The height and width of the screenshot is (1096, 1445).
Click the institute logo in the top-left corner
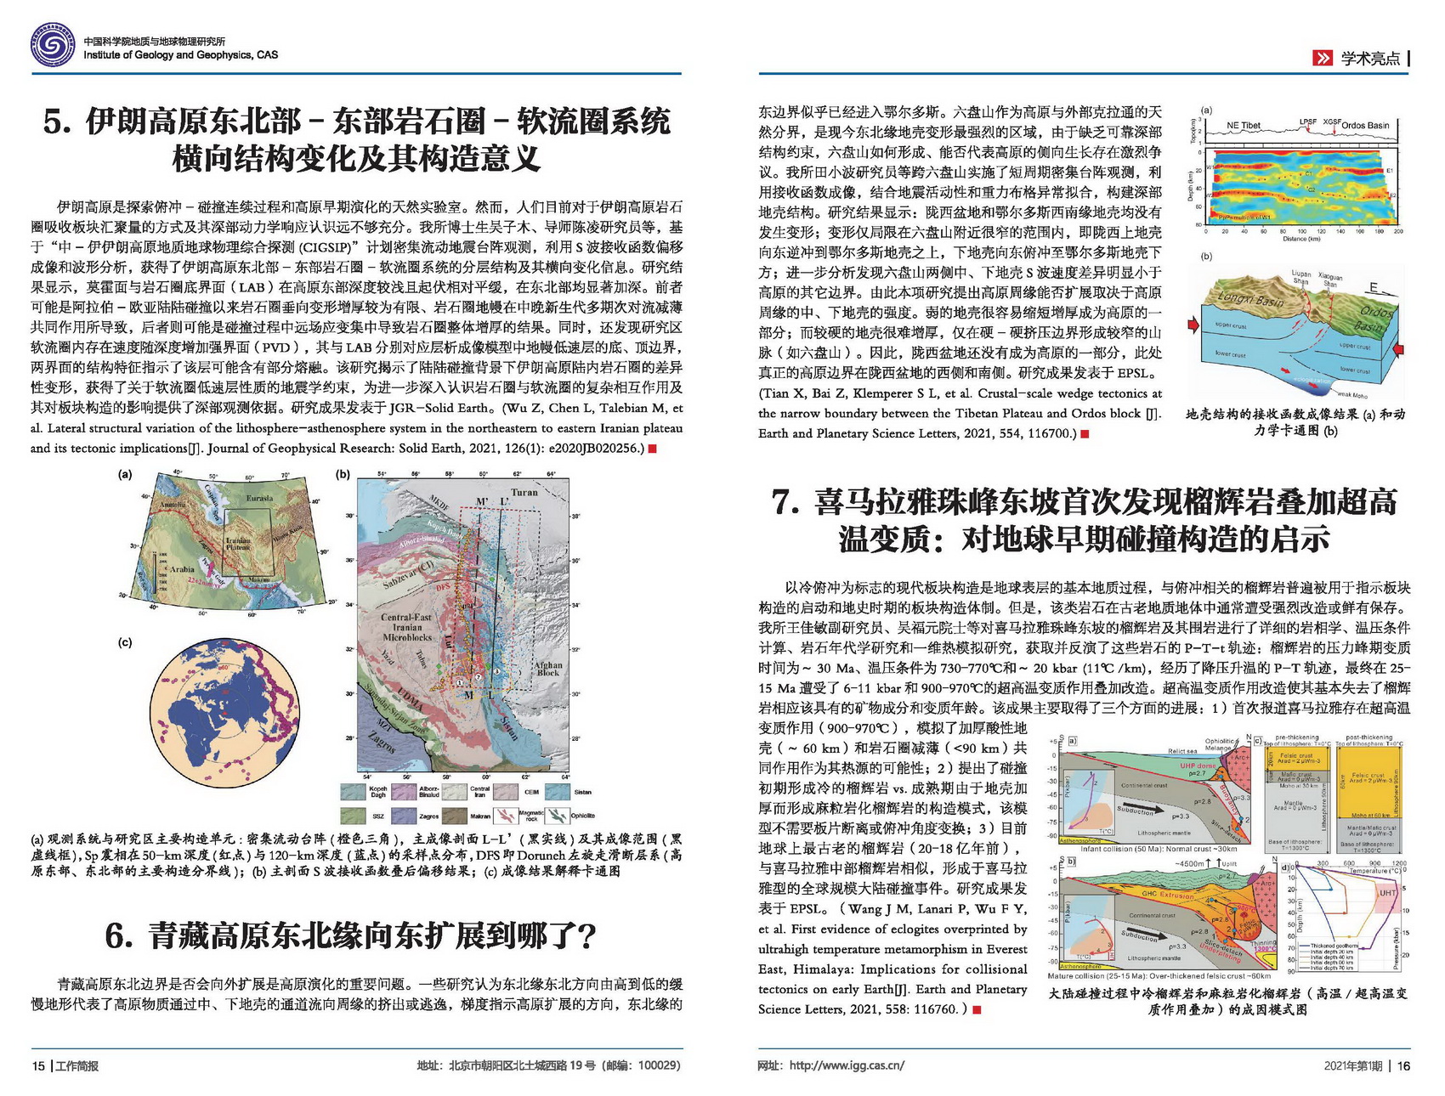(53, 46)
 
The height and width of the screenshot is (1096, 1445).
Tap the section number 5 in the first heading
(58, 121)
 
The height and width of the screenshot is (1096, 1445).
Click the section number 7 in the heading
(785, 502)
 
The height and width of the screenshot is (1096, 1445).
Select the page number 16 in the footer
(1403, 1065)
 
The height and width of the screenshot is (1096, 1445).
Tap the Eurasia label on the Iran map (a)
(258, 498)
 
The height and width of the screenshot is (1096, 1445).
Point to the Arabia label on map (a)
(182, 569)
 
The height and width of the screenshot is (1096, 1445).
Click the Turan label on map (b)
(524, 492)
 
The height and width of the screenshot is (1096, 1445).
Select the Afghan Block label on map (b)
(548, 669)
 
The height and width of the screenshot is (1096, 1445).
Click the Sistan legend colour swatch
(558, 792)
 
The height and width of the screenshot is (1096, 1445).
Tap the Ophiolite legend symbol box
(557, 816)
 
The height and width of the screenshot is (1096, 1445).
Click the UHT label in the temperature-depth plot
(1388, 893)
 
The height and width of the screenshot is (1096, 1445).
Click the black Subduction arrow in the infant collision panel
(1136, 811)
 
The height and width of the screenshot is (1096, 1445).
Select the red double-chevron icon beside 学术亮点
(1323, 58)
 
